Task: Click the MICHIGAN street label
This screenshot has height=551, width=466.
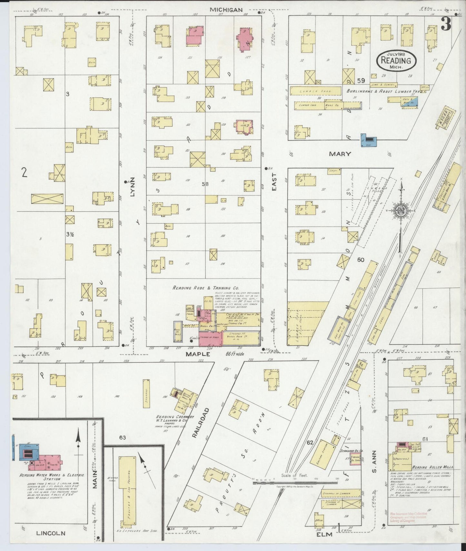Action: pyautogui.click(x=226, y=10)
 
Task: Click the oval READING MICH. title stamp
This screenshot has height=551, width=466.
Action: pyautogui.click(x=396, y=61)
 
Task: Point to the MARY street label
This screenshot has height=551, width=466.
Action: pyautogui.click(x=340, y=154)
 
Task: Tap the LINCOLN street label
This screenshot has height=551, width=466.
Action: pyautogui.click(x=51, y=533)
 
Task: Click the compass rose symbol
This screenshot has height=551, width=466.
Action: pyautogui.click(x=401, y=211)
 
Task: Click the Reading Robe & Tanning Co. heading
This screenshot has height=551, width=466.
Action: pyautogui.click(x=205, y=288)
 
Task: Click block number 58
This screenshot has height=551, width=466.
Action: pyautogui.click(x=205, y=184)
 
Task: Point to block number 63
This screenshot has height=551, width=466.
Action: pyautogui.click(x=122, y=437)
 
